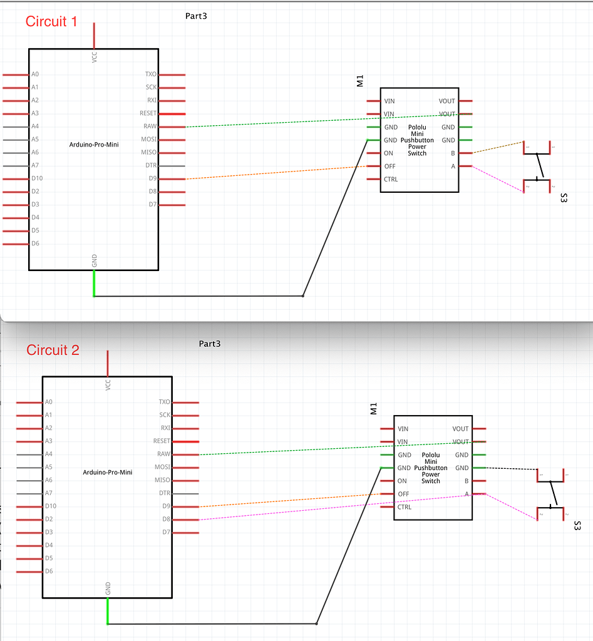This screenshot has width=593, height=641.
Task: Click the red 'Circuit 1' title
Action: pos(51,21)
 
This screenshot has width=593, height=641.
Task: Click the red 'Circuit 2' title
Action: pos(53,350)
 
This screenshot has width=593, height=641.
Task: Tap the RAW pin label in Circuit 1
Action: pos(150,126)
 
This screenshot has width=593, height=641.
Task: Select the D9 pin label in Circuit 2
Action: pos(166,506)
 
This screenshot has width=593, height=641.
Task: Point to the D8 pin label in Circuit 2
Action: pos(166,519)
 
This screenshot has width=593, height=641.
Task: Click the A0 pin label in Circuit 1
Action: pos(35,74)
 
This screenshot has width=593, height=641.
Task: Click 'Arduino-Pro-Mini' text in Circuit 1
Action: pos(94,145)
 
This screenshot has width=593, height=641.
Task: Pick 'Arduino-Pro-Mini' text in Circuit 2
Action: pos(108,473)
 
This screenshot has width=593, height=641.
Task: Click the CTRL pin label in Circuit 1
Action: pos(391,180)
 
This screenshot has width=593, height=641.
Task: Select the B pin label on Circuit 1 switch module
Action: pos(453,153)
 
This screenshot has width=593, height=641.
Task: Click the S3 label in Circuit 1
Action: pos(564,198)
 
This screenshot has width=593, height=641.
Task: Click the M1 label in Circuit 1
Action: pos(360,80)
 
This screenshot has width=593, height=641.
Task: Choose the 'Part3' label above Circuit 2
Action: pos(210,344)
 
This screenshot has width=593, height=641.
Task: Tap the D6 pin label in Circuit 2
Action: pos(49,571)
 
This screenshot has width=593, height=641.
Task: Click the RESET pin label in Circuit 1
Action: pos(148,113)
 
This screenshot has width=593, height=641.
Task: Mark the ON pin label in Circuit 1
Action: pos(388,153)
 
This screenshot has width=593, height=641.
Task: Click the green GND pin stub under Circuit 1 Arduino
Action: pos(94,283)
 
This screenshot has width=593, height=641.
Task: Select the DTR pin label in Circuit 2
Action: pos(163,493)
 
